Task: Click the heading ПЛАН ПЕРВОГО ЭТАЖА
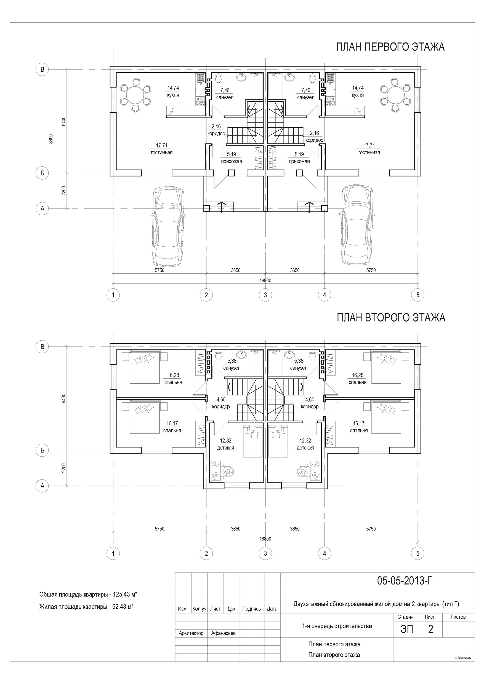390,47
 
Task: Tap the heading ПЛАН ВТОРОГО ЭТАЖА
391,318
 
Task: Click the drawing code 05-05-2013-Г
405,581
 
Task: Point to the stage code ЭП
407,629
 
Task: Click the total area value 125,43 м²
125,603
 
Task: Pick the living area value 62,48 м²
121,615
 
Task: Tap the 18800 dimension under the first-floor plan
265,280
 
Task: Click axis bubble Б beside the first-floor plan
42,173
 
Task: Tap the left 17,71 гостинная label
162,149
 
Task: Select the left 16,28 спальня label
173,379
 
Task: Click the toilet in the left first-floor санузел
218,78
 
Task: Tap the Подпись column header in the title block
251,609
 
